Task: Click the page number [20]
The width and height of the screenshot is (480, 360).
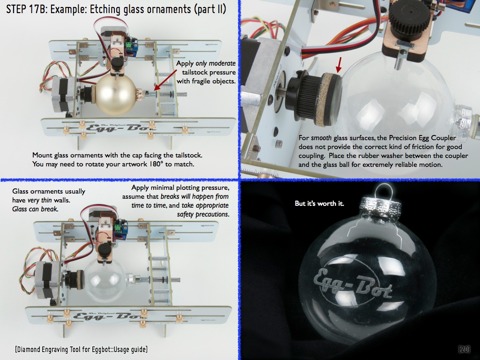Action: (464, 349)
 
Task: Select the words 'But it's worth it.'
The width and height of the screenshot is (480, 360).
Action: (319, 203)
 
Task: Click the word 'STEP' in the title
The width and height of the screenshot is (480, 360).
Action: (16, 9)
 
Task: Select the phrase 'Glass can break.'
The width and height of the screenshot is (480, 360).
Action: (35, 209)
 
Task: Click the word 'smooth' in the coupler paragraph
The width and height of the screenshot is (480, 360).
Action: (321, 138)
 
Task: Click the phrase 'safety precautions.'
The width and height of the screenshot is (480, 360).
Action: (203, 214)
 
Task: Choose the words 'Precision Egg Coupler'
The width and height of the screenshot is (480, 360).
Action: (422, 138)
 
